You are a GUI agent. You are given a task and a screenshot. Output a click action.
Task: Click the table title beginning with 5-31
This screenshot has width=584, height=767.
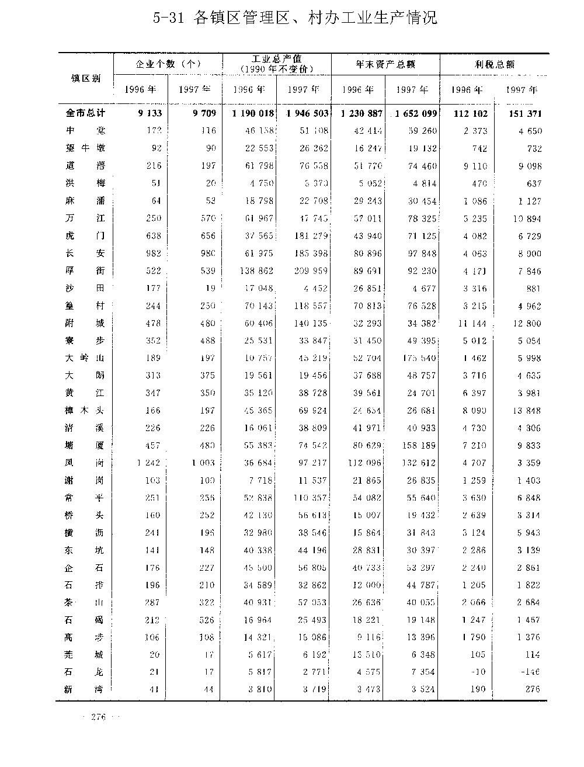(295, 19)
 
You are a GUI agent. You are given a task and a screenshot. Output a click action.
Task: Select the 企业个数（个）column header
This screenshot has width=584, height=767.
(168, 64)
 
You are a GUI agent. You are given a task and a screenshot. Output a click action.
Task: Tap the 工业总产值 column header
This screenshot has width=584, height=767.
(277, 64)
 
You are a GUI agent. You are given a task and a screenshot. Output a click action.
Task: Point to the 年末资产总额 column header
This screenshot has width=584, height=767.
(385, 64)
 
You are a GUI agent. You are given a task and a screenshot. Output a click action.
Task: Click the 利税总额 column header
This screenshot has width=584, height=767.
(494, 64)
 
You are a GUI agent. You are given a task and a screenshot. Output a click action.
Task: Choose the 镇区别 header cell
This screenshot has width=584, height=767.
(85, 78)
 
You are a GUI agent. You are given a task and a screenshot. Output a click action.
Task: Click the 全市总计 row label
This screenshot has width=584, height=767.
(85, 113)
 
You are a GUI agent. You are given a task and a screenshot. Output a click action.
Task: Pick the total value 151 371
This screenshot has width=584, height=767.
(523, 113)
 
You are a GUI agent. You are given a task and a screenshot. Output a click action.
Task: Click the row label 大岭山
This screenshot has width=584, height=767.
(85, 358)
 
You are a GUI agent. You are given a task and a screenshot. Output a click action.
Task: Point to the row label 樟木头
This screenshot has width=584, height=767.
(85, 411)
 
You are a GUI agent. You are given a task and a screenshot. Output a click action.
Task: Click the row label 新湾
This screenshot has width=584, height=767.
(85, 689)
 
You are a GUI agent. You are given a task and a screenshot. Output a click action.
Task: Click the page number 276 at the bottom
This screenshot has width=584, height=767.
(98, 717)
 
